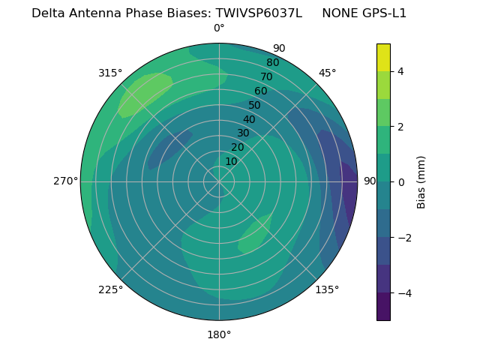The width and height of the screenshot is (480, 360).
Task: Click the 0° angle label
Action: [x=219, y=28]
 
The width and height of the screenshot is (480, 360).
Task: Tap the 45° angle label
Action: [x=328, y=73]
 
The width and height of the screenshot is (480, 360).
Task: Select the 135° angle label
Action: [x=327, y=289]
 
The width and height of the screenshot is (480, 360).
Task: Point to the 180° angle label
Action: [x=219, y=334]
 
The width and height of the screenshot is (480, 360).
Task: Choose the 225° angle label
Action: [x=110, y=290]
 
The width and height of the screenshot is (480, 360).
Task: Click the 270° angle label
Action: [x=66, y=181]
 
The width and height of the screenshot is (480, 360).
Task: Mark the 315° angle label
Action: [x=110, y=73]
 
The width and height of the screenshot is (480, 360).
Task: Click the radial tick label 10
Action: [x=231, y=161]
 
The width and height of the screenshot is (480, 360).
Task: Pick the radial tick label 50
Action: [x=255, y=106]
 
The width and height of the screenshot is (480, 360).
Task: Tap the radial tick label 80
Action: [x=272, y=63]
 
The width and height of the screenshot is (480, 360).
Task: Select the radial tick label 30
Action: [x=243, y=133]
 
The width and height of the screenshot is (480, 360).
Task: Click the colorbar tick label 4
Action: [x=400, y=71]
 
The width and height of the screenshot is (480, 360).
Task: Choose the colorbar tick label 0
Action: [x=400, y=182]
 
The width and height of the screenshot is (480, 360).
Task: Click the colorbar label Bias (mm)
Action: [x=421, y=182]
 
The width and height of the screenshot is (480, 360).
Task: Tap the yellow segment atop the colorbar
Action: [x=383, y=57]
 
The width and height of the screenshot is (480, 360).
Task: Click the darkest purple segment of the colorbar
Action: [x=383, y=307]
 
